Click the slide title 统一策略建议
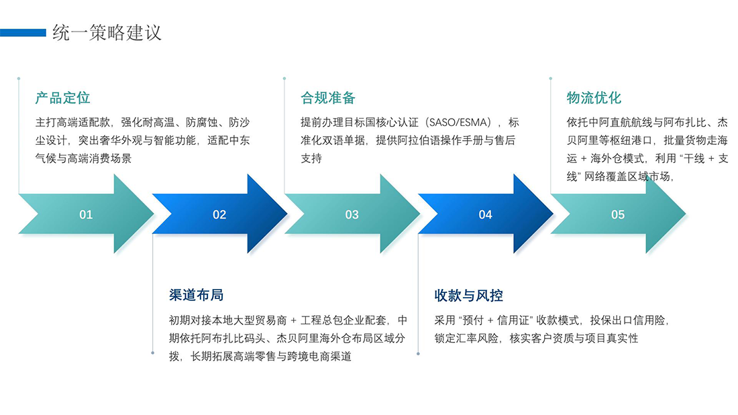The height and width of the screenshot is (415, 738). coord(107,32)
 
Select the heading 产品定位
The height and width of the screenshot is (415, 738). coord(62,98)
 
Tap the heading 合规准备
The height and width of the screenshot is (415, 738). coord(328,98)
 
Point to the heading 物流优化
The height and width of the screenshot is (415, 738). coord(594,98)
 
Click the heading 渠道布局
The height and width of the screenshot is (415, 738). coord(196,295)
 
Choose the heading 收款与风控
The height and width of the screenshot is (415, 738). coord(469,295)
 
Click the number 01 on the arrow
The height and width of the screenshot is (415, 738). coord(86,215)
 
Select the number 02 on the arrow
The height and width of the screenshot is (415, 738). coord(219,215)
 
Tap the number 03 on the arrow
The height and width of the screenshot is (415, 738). coord(352,215)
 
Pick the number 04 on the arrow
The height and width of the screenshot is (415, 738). coord(485,215)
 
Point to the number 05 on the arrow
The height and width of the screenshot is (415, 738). coord(618,215)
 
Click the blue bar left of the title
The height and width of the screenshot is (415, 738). coord(23,32)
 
